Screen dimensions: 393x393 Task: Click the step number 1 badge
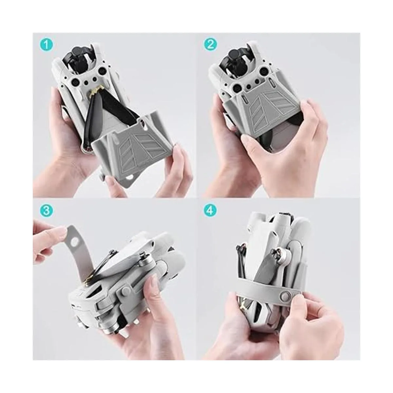tap(46, 45)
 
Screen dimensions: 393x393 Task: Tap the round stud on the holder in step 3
tap(125, 291)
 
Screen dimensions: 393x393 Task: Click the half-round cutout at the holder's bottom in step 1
tap(129, 178)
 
